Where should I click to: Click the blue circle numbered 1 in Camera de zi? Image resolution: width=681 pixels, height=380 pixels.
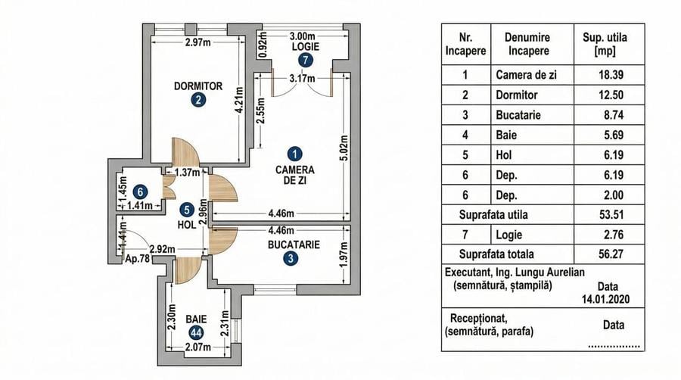pos(297,151)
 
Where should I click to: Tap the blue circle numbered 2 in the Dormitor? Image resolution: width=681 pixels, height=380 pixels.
pos(197,100)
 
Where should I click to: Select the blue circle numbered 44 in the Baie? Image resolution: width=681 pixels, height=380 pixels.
pos(195,333)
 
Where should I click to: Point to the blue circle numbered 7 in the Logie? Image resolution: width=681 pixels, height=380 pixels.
pos(305,60)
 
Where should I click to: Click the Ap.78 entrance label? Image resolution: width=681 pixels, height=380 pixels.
pos(138,258)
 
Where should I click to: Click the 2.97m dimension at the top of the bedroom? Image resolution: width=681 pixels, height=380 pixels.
pos(197,42)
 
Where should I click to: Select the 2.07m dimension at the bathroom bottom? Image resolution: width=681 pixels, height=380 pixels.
pos(196,348)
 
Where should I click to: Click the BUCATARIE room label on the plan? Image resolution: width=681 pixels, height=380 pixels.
pos(294,245)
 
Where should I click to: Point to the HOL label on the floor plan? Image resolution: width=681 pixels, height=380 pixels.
pos(186,225)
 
